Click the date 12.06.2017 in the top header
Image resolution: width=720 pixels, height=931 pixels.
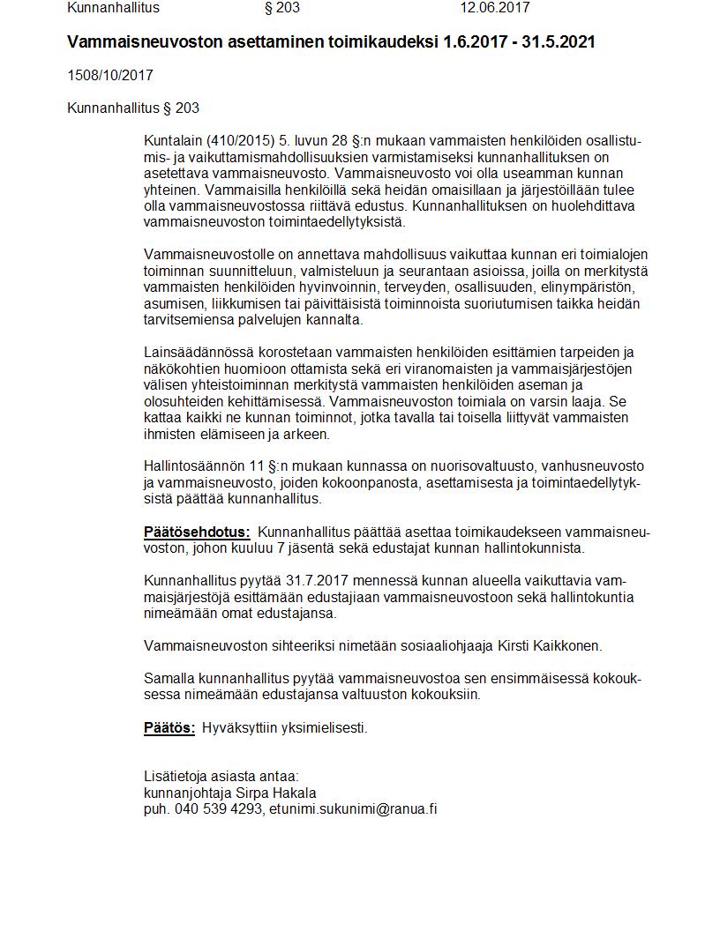[x=494, y=8]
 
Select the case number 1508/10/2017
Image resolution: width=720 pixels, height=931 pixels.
[x=110, y=76]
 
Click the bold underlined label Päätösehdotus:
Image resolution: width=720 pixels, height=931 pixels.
[x=197, y=532]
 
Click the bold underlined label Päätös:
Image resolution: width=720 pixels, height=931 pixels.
[x=169, y=727]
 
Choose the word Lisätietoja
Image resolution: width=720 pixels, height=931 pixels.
[x=177, y=776]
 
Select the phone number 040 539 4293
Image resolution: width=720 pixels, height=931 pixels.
[x=217, y=808]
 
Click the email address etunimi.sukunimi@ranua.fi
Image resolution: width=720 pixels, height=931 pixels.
[x=353, y=808]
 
